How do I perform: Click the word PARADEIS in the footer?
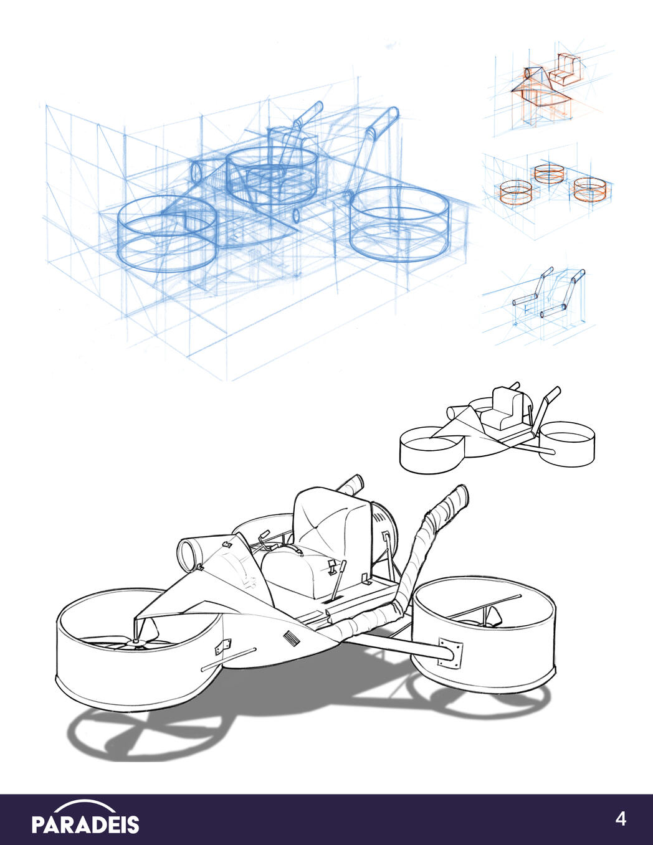[x=85, y=824]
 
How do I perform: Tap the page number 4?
[x=621, y=819]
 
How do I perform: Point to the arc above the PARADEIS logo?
[x=85, y=805]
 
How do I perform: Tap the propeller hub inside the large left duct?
[x=136, y=641]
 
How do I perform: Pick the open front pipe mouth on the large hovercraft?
[x=188, y=553]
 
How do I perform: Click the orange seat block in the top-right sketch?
[x=563, y=72]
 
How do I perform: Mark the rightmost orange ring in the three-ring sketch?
[x=589, y=189]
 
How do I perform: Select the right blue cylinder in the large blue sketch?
[x=399, y=224]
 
